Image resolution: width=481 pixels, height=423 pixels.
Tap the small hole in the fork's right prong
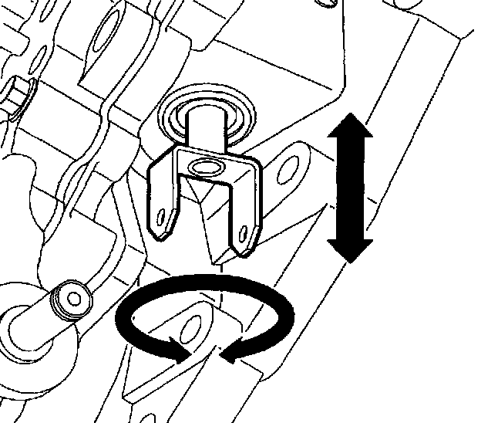point(245,230)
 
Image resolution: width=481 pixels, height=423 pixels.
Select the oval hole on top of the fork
point(207,167)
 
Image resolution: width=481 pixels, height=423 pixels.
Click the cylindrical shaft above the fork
point(207,127)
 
